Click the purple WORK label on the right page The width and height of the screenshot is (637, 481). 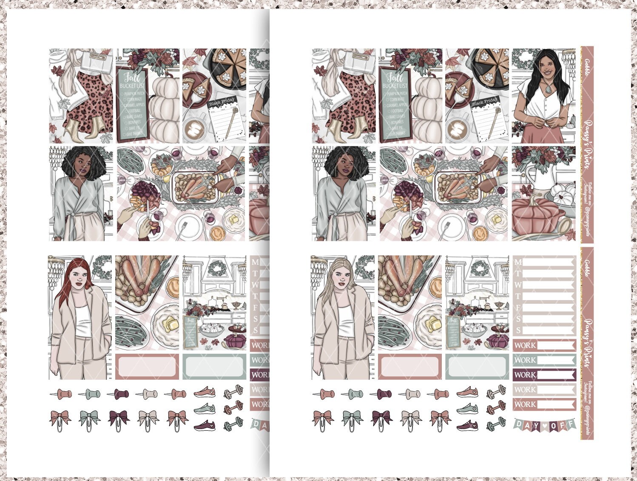pos(525,375)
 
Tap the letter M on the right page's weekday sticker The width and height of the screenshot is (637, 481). pos(518,262)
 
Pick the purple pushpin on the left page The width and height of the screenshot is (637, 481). pos(118,394)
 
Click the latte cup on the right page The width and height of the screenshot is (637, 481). pos(457,128)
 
